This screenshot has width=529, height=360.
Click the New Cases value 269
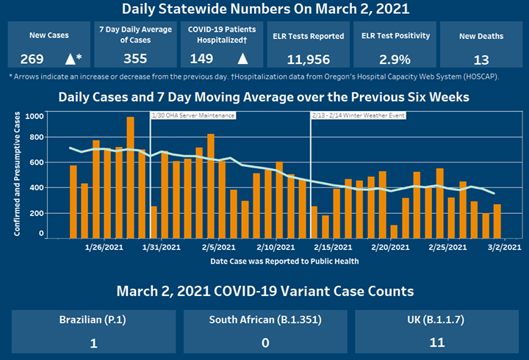[x=32, y=59]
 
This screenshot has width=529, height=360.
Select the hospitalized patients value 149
[x=202, y=59]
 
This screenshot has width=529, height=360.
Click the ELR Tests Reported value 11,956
[x=309, y=59]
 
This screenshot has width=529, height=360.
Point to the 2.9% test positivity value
[x=396, y=59]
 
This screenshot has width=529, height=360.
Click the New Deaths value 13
[x=481, y=59]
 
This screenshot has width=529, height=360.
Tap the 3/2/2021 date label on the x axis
[x=503, y=247]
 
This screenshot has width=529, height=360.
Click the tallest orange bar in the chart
[x=130, y=177]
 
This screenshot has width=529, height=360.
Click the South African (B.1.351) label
[x=264, y=320]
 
